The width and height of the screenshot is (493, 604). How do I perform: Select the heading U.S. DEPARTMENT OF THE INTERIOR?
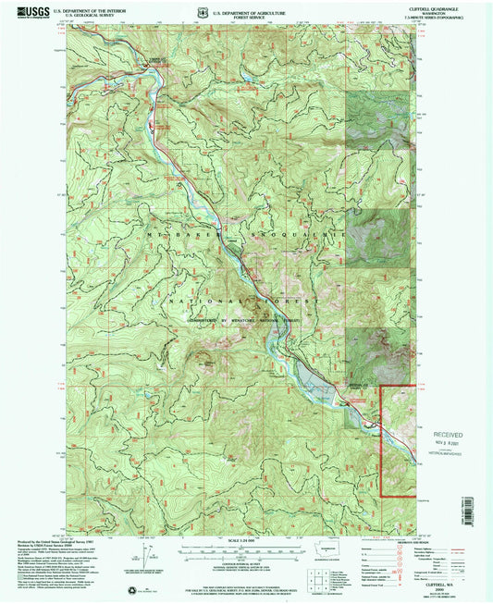(88, 10)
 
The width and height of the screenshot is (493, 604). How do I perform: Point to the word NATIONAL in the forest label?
(198, 302)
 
